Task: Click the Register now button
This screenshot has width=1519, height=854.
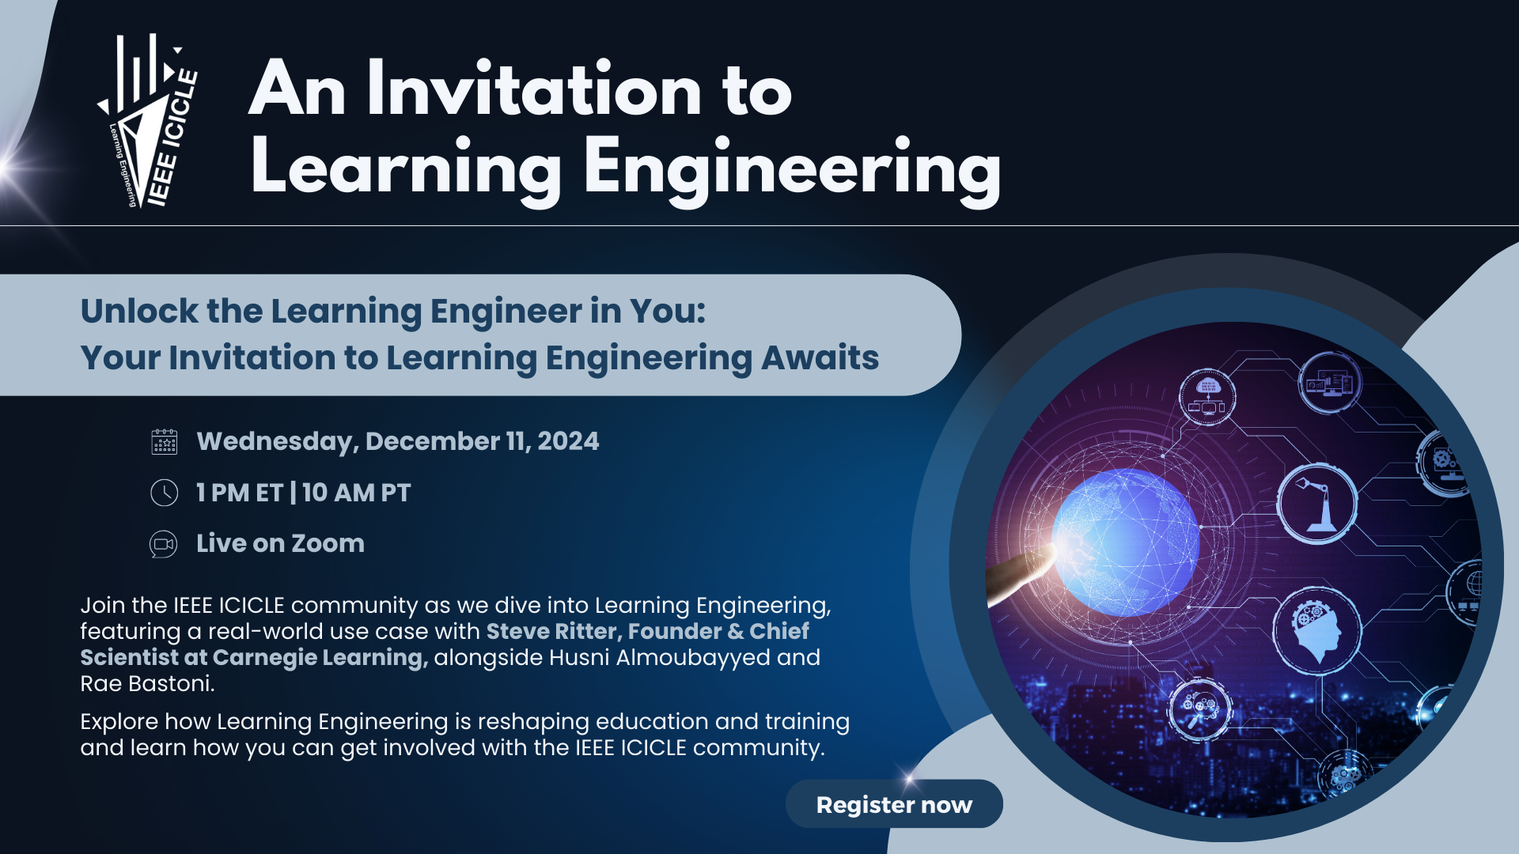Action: click(894, 804)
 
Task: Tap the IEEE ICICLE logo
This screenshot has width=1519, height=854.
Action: click(148, 121)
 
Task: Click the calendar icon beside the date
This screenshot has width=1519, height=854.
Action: click(165, 441)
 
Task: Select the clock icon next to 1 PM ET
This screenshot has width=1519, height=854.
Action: click(165, 493)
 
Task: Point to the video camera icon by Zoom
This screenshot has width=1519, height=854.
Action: click(164, 544)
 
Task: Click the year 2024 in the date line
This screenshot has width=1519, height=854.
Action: click(568, 441)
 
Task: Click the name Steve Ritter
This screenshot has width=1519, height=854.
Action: click(551, 631)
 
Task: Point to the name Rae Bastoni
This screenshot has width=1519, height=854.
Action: click(147, 684)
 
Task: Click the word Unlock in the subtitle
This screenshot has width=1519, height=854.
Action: click(139, 311)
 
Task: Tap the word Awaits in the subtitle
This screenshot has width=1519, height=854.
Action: click(820, 357)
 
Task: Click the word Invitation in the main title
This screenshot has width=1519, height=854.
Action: click(534, 89)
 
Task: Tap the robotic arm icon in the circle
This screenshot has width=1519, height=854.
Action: click(1317, 504)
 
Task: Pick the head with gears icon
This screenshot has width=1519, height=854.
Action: click(1317, 631)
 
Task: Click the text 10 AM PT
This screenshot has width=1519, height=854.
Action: click(356, 493)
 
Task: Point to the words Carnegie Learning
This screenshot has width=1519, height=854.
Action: click(320, 658)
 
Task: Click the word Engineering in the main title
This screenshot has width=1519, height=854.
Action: click(793, 168)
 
